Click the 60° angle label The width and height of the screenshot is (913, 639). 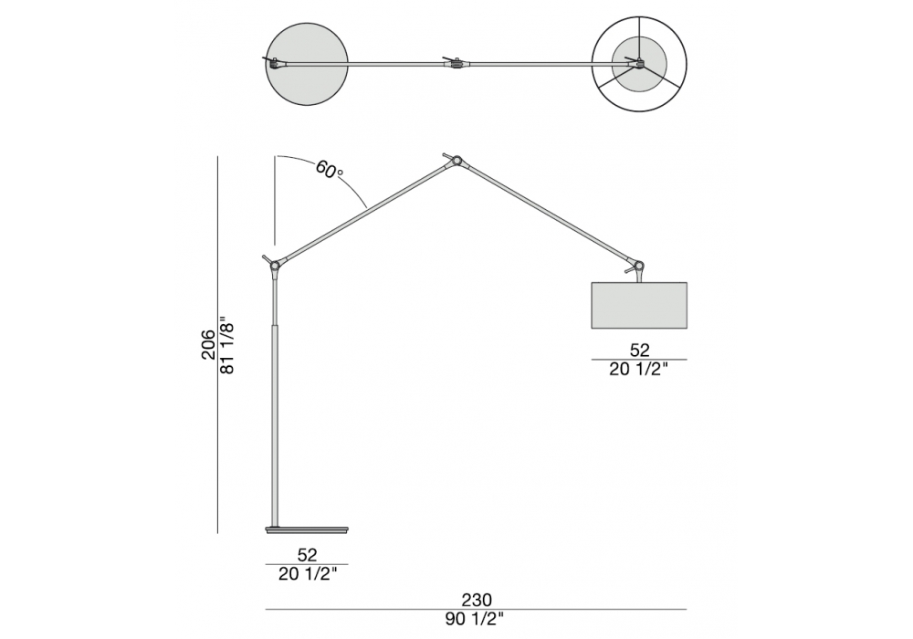point(330,170)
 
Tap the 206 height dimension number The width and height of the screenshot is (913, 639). point(209,344)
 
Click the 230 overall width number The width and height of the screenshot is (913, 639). point(477,600)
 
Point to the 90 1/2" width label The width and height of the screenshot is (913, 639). point(475,620)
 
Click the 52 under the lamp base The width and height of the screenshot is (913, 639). point(307,555)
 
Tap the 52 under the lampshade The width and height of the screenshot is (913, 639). point(639,350)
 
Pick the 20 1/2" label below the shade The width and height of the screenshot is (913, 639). point(639,369)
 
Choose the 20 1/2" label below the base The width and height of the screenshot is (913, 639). point(308,574)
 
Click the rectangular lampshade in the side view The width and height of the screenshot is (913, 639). point(639,306)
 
